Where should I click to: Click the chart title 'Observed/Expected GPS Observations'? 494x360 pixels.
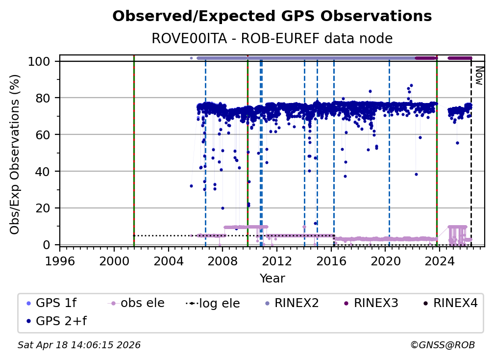pyautogui.click(x=272, y=17)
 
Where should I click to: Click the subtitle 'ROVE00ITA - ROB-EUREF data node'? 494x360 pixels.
pyautogui.click(x=272, y=39)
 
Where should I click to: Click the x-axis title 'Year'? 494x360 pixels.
pyautogui.click(x=272, y=279)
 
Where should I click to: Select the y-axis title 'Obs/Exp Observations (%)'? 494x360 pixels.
pyautogui.click(x=16, y=154)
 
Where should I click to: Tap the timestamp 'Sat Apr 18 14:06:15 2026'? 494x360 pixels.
pyautogui.click(x=79, y=345)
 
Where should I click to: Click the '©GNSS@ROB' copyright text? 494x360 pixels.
pyautogui.click(x=442, y=345)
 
